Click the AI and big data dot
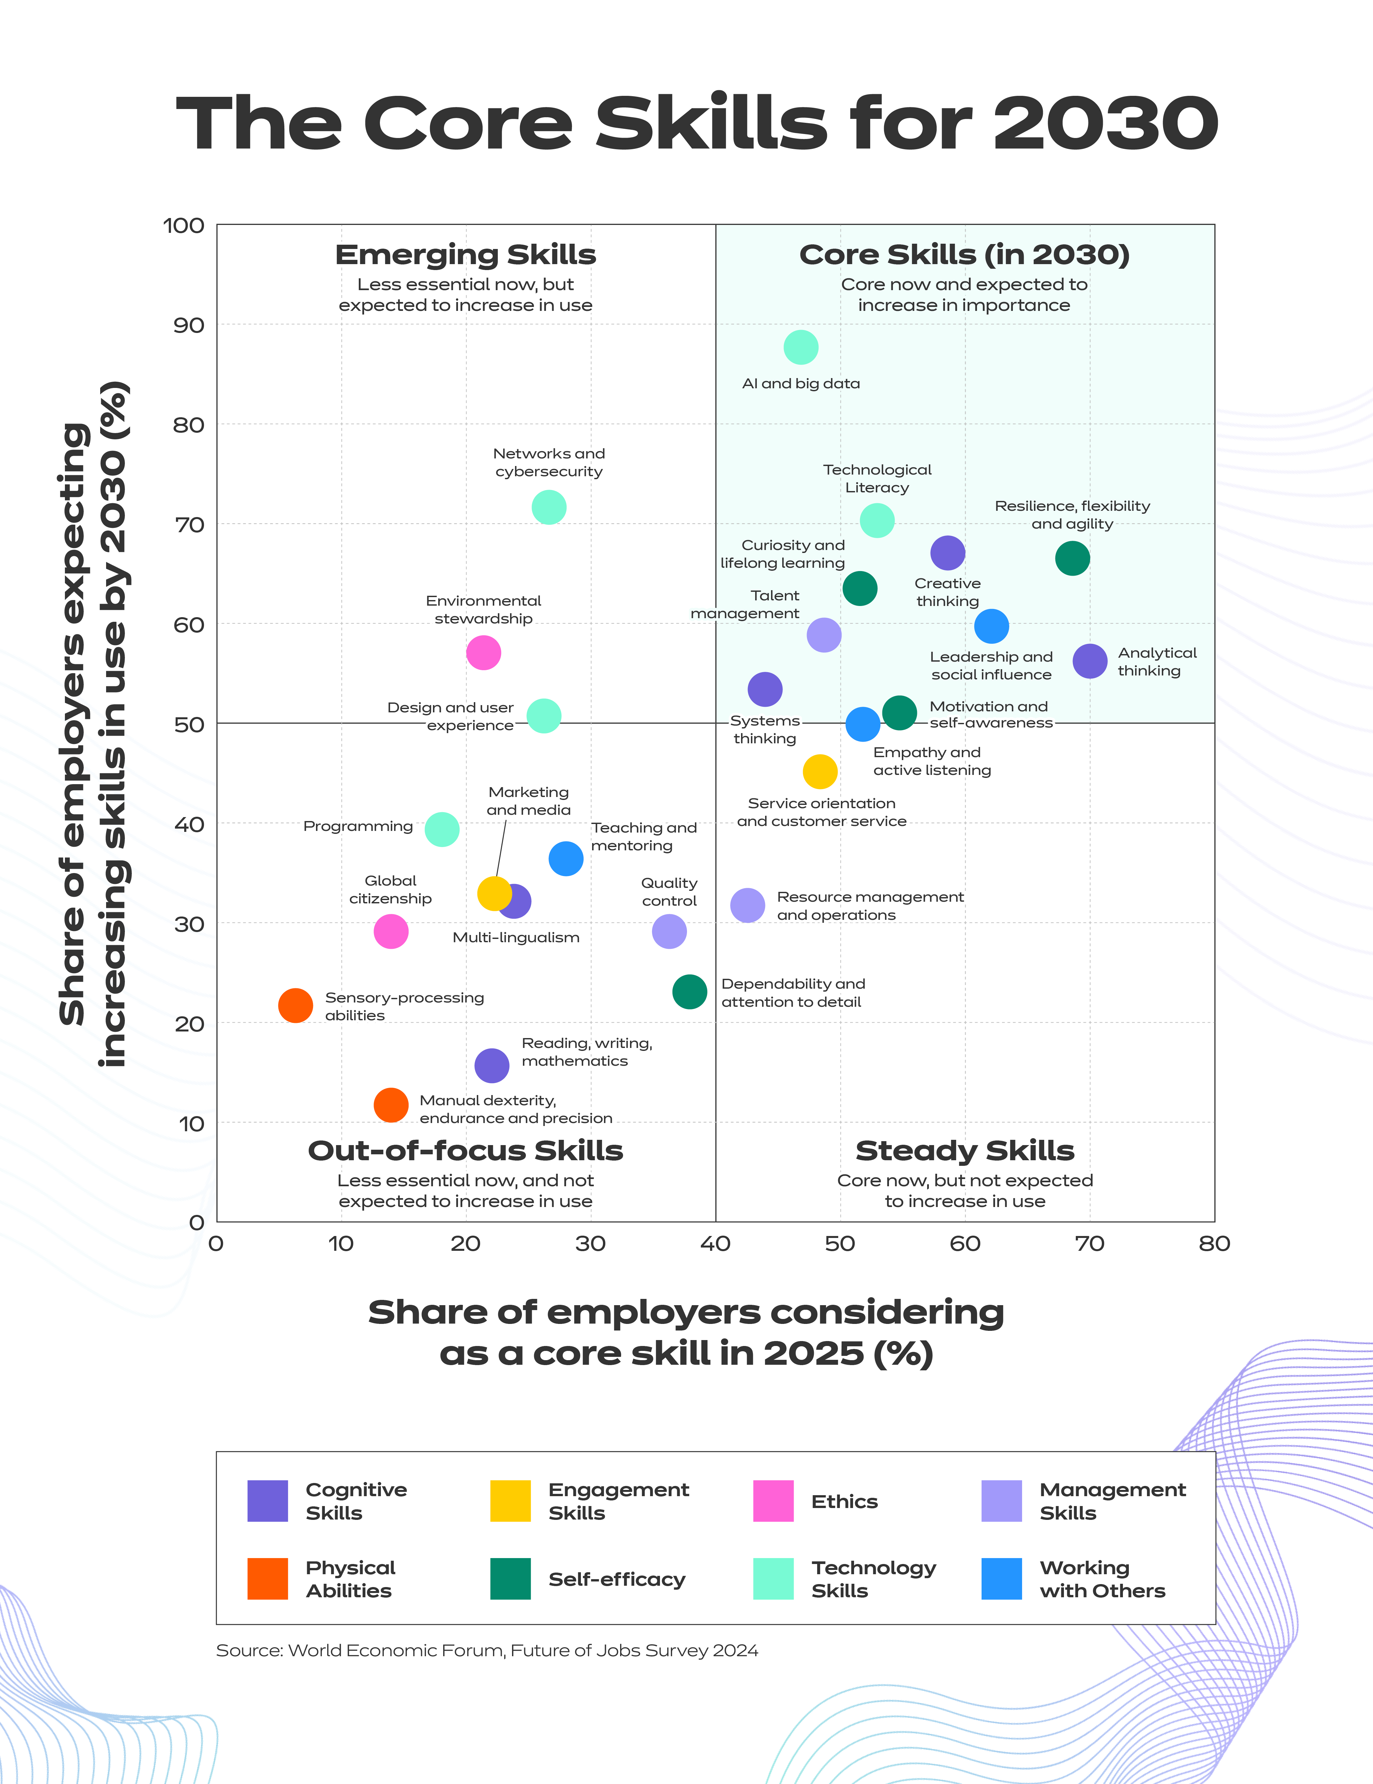pos(800,347)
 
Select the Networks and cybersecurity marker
pos(548,507)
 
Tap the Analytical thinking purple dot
pos(1089,661)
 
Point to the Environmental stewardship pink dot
pos(483,653)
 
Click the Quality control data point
pos(669,931)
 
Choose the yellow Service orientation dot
pos(820,771)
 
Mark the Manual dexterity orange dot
pos(391,1105)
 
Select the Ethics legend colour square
pos(772,1500)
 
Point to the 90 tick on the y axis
pos(188,325)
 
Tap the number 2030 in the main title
pos(1105,124)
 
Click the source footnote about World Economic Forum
pos(487,1650)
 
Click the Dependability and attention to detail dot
pos(689,992)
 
